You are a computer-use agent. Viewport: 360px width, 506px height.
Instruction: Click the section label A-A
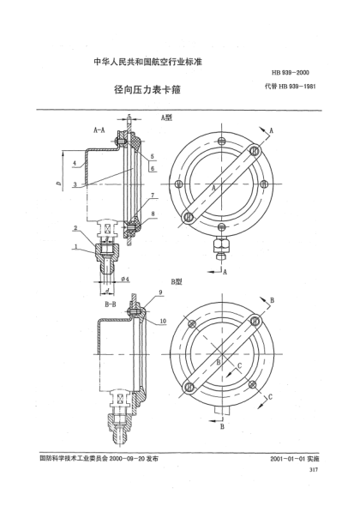[x=99, y=131]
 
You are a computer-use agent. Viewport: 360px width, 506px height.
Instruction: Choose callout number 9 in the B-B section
[x=159, y=292]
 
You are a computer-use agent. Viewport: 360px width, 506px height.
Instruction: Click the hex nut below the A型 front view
[x=221, y=244]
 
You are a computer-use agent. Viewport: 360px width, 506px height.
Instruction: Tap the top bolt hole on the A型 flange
[x=221, y=141]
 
